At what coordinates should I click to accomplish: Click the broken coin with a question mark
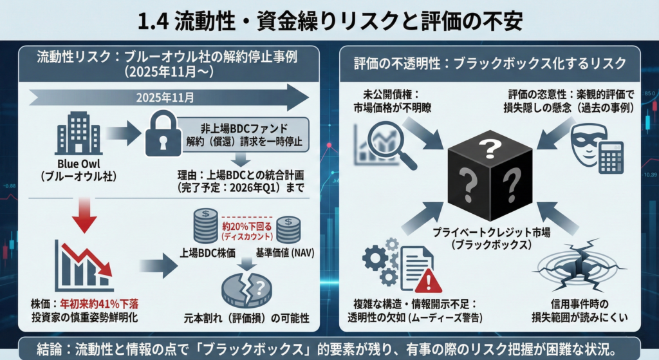pyautogui.click(x=246, y=290)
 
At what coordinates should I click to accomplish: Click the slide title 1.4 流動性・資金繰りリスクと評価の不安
pyautogui.click(x=329, y=20)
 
